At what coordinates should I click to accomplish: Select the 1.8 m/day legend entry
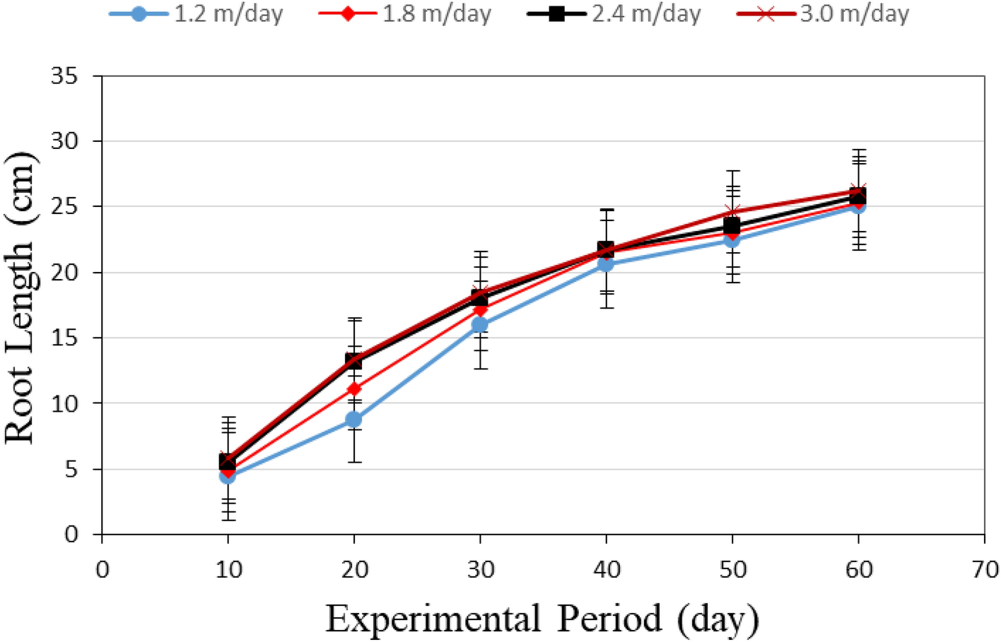tap(405, 14)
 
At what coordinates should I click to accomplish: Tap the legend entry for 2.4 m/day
tap(614, 14)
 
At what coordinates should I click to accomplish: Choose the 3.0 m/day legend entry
tap(823, 14)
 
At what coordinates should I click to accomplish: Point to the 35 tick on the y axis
tap(64, 76)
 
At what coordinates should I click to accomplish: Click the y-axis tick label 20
tap(64, 273)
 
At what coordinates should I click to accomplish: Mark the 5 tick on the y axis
tap(71, 470)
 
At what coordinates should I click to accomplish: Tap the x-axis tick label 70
tap(984, 569)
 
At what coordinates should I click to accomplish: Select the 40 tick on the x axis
tap(606, 569)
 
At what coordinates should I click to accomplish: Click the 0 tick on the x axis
tap(103, 569)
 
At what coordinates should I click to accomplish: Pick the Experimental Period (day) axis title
tap(542, 619)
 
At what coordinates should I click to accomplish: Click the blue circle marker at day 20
tap(353, 420)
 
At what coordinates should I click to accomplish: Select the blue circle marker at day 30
tap(480, 325)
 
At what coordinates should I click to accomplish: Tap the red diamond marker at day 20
tap(353, 389)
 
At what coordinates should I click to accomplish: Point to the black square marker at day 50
tap(732, 226)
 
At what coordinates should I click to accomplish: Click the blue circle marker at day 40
tap(606, 264)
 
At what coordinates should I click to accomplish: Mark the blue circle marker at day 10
tap(228, 476)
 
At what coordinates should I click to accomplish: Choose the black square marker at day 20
tap(353, 361)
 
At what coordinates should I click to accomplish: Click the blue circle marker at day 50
tap(732, 239)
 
